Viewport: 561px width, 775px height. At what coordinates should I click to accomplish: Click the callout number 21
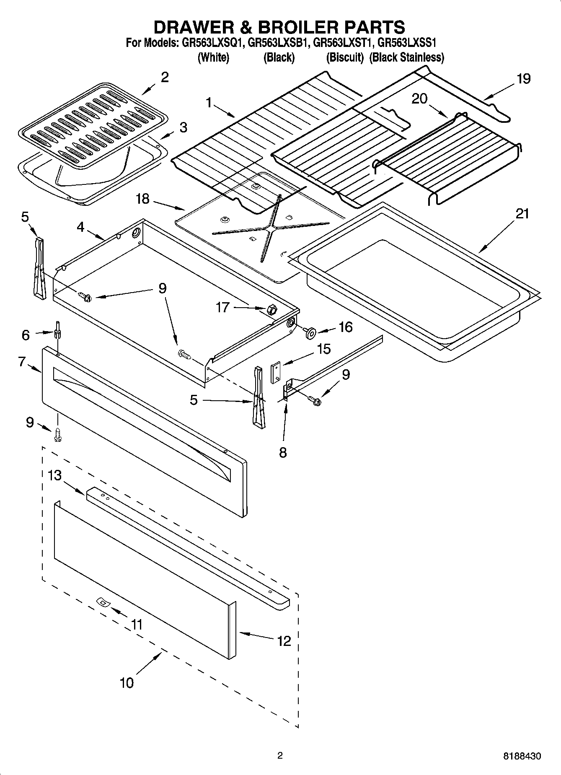point(522,214)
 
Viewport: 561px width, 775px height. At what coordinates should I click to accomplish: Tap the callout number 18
point(142,199)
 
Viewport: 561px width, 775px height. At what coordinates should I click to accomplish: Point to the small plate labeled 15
point(275,373)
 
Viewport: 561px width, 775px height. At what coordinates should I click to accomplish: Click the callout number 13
point(54,475)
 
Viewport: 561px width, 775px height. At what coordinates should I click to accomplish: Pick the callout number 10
point(127,682)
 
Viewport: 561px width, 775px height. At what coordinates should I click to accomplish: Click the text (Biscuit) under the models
point(344,57)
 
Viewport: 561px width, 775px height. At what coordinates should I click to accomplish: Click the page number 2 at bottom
point(280,756)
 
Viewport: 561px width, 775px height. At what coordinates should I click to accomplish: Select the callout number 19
point(523,78)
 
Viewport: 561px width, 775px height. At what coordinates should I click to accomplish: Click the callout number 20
point(419,98)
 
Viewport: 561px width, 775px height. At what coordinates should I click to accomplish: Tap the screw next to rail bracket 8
point(315,400)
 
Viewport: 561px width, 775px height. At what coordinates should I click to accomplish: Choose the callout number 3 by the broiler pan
point(183,127)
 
